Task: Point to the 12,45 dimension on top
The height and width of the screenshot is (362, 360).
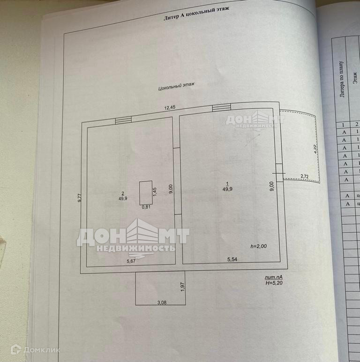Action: click(170, 108)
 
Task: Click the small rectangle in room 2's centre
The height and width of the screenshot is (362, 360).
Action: click(145, 192)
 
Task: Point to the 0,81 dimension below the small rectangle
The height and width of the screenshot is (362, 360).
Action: click(146, 207)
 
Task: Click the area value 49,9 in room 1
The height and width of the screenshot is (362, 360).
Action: click(228, 189)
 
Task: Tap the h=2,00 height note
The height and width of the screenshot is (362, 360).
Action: click(259, 246)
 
